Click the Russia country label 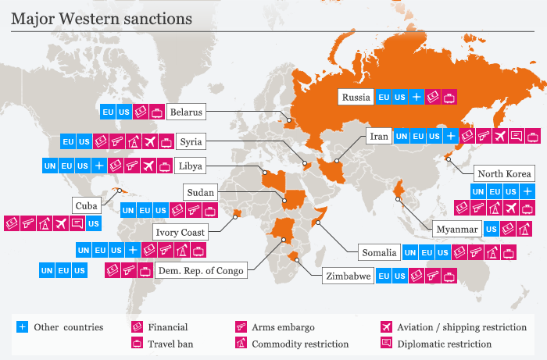(356, 98)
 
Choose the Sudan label (200, 192)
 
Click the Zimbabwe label (347, 276)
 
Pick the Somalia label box (379, 253)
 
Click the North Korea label (504, 173)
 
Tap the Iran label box (379, 136)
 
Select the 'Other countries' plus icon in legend (22, 327)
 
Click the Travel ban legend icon (137, 343)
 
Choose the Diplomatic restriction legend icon (385, 343)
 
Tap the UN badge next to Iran (401, 136)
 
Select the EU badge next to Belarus (107, 112)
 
